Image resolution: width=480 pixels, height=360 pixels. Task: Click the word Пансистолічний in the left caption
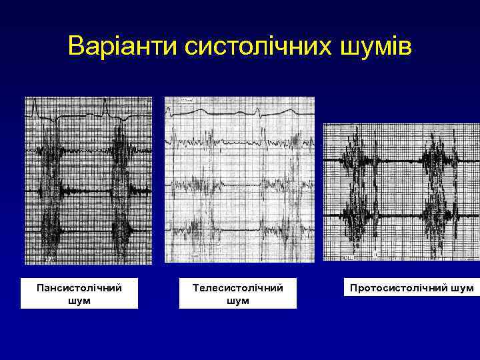(79, 288)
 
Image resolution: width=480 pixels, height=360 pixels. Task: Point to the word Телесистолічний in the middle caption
(237, 288)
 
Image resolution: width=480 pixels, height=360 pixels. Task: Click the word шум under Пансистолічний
(79, 301)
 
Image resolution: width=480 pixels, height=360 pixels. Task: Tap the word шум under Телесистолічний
(237, 301)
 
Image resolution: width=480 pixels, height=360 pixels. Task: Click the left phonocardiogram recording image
(88, 180)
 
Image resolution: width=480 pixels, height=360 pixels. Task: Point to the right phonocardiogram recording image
(401, 192)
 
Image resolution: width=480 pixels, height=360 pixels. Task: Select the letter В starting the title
(77, 47)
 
